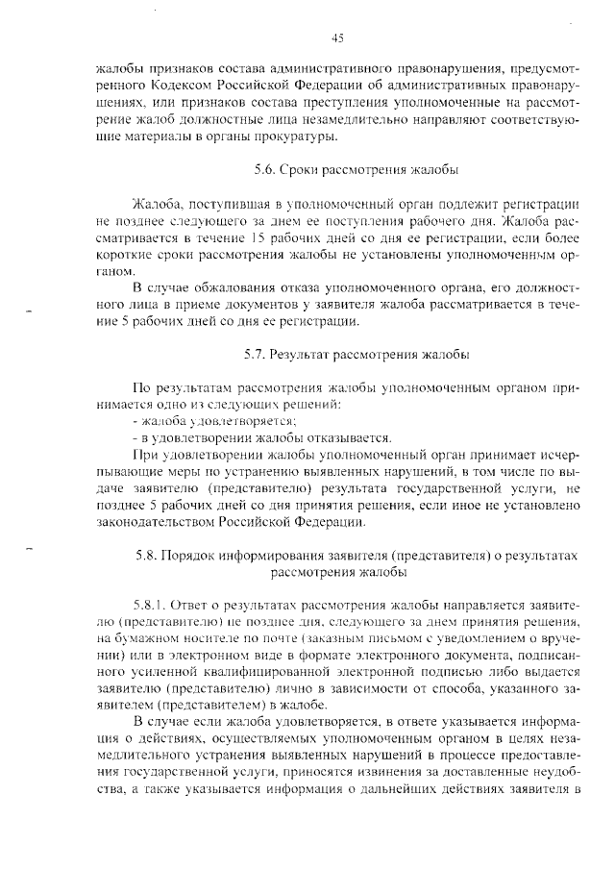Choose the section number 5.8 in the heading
click(x=145, y=556)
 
